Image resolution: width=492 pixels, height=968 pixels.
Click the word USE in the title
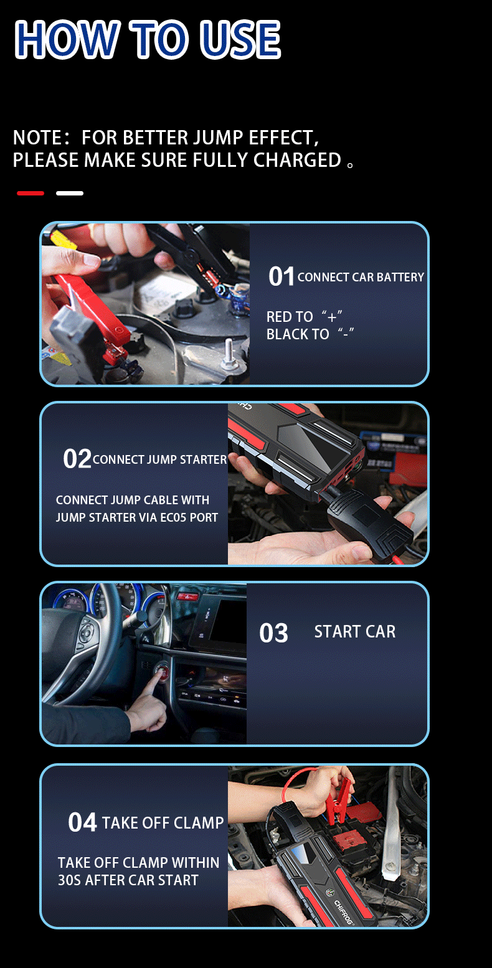point(240,39)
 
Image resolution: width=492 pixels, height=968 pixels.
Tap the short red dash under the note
point(31,193)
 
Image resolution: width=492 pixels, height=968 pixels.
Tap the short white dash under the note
point(70,193)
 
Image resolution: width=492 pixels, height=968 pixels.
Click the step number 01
point(281,276)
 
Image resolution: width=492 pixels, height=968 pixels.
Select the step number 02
point(77,459)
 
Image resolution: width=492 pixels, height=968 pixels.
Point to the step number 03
point(273,633)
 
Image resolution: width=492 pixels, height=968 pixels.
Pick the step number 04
point(82,822)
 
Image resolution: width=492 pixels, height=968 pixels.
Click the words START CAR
point(354,632)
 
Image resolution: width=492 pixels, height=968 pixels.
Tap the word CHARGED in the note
point(298,160)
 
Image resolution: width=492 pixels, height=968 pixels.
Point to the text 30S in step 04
point(70,880)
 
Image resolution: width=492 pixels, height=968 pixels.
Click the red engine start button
point(163,673)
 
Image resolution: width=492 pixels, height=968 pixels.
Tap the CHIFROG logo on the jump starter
point(344,912)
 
